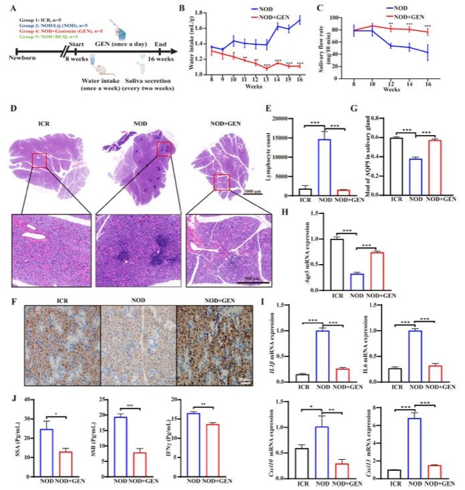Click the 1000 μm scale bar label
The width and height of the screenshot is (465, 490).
click(253, 191)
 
